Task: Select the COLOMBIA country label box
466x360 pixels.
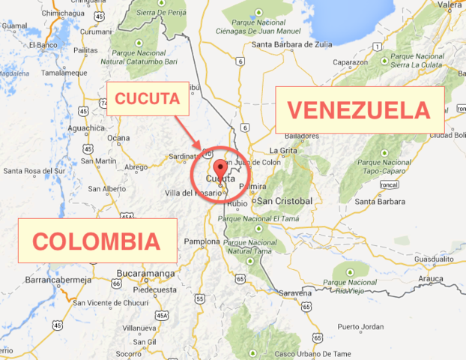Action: coord(97,241)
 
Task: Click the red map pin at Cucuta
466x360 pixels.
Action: coord(220,168)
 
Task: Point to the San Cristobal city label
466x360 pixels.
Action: coord(284,201)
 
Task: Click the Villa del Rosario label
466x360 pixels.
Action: coord(194,193)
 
